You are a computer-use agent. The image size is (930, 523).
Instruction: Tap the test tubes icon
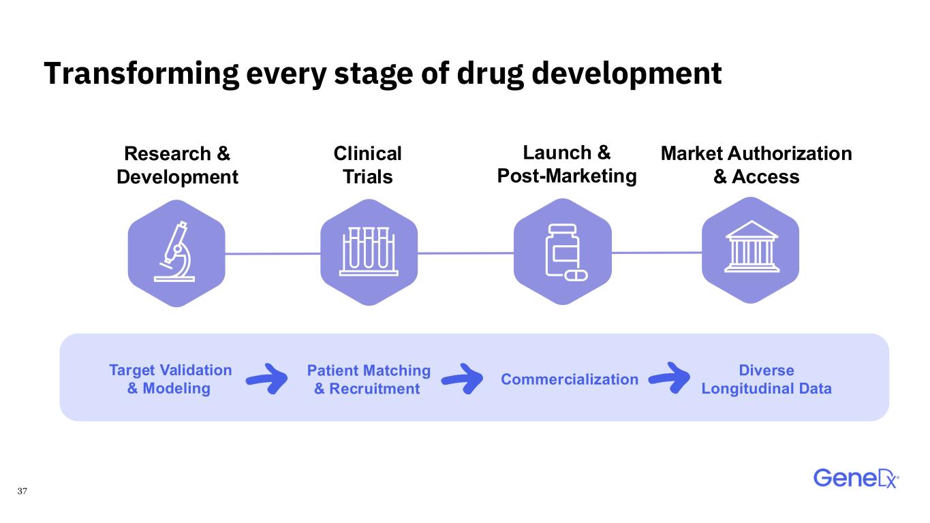pyautogui.click(x=369, y=251)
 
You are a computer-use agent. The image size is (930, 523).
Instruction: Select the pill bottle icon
pyautogui.click(x=565, y=253)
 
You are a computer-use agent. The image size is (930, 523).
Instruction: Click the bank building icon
pyautogui.click(x=751, y=247)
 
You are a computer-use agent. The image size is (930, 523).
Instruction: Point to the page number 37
pyautogui.click(x=22, y=491)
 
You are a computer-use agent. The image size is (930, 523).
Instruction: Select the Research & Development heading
pyautogui.click(x=177, y=165)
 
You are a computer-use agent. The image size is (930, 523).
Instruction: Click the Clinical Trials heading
pyautogui.click(x=367, y=165)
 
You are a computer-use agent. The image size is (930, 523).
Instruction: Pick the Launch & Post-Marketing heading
pyautogui.click(x=567, y=164)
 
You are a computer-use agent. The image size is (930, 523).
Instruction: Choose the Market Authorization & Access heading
pyautogui.click(x=756, y=165)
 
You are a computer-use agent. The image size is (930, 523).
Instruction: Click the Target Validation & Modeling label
pyautogui.click(x=170, y=379)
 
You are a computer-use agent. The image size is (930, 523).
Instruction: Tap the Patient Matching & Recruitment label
pyautogui.click(x=369, y=379)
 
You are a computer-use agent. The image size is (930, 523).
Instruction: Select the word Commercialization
pyautogui.click(x=570, y=379)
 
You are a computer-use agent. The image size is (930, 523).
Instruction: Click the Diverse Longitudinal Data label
pyautogui.click(x=766, y=379)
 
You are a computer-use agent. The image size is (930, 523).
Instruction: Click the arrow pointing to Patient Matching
pyautogui.click(x=268, y=379)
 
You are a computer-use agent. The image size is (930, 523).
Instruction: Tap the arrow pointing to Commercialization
pyautogui.click(x=463, y=379)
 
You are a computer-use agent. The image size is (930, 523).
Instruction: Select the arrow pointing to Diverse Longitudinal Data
pyautogui.click(x=670, y=378)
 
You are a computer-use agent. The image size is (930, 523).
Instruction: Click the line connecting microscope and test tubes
pyautogui.click(x=273, y=253)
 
